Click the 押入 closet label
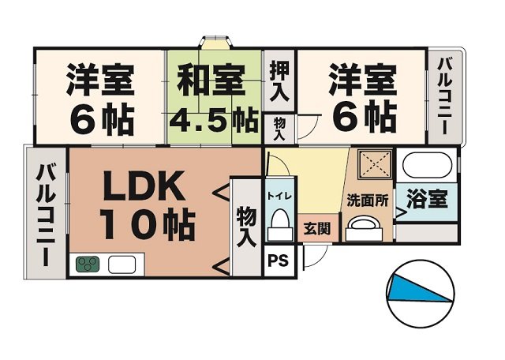[x=280, y=81]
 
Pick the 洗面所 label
[x=368, y=201]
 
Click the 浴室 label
[x=427, y=198]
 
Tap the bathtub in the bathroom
[x=427, y=167]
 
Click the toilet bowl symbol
[x=278, y=222]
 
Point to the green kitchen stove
[x=88, y=264]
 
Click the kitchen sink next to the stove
[x=122, y=264]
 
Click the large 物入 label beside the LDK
[x=245, y=227]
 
